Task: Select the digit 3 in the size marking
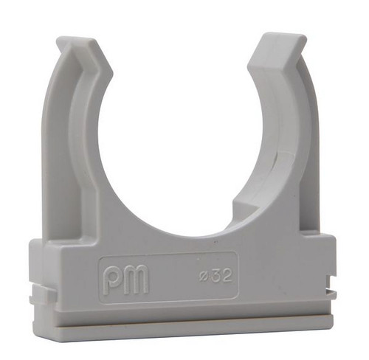pyautogui.click(x=215, y=275)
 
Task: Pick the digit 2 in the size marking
pyautogui.click(x=227, y=275)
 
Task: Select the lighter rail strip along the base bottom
pyautogui.click(x=182, y=324)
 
